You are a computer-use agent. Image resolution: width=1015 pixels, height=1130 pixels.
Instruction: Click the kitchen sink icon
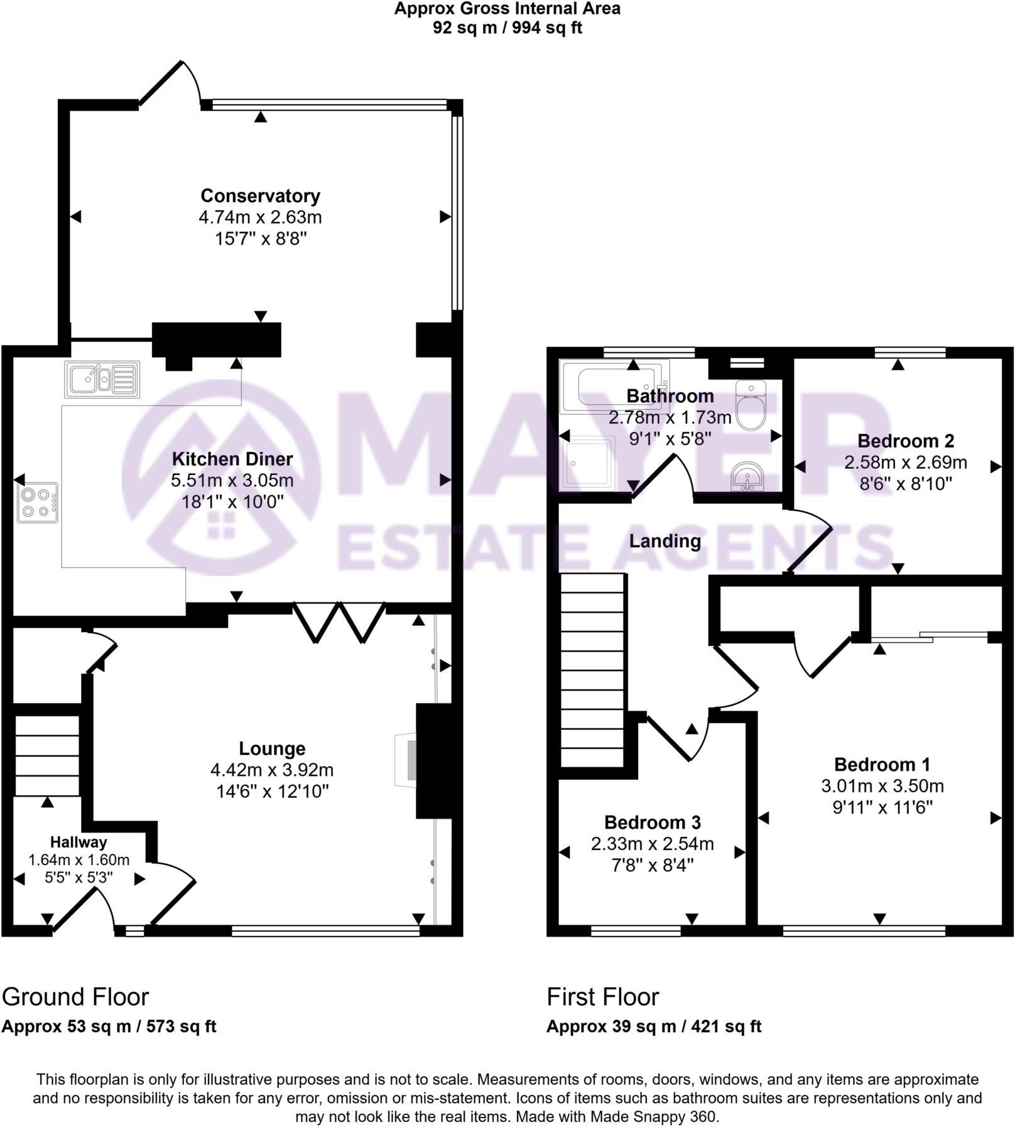click(102, 379)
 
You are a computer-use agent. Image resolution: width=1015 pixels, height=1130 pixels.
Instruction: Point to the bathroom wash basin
click(747, 477)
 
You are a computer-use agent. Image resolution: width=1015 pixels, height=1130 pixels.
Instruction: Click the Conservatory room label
click(260, 196)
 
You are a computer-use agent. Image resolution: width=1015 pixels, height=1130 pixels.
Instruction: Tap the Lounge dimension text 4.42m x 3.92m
click(272, 770)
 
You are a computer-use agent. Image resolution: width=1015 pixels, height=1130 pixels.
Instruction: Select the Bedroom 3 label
click(652, 822)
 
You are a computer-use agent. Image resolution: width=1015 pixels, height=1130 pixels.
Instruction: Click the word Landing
click(665, 541)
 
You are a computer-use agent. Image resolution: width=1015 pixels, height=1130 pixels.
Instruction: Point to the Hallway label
click(79, 842)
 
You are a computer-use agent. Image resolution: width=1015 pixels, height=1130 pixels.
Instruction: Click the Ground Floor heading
click(75, 997)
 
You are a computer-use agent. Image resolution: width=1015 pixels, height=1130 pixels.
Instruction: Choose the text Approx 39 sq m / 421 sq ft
click(653, 1026)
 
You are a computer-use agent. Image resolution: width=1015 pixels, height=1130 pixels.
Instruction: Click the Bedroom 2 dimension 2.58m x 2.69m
click(905, 463)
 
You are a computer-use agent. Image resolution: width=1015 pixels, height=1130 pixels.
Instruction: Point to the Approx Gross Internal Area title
click(507, 9)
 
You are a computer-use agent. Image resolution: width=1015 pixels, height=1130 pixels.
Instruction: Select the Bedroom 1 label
click(882, 765)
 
